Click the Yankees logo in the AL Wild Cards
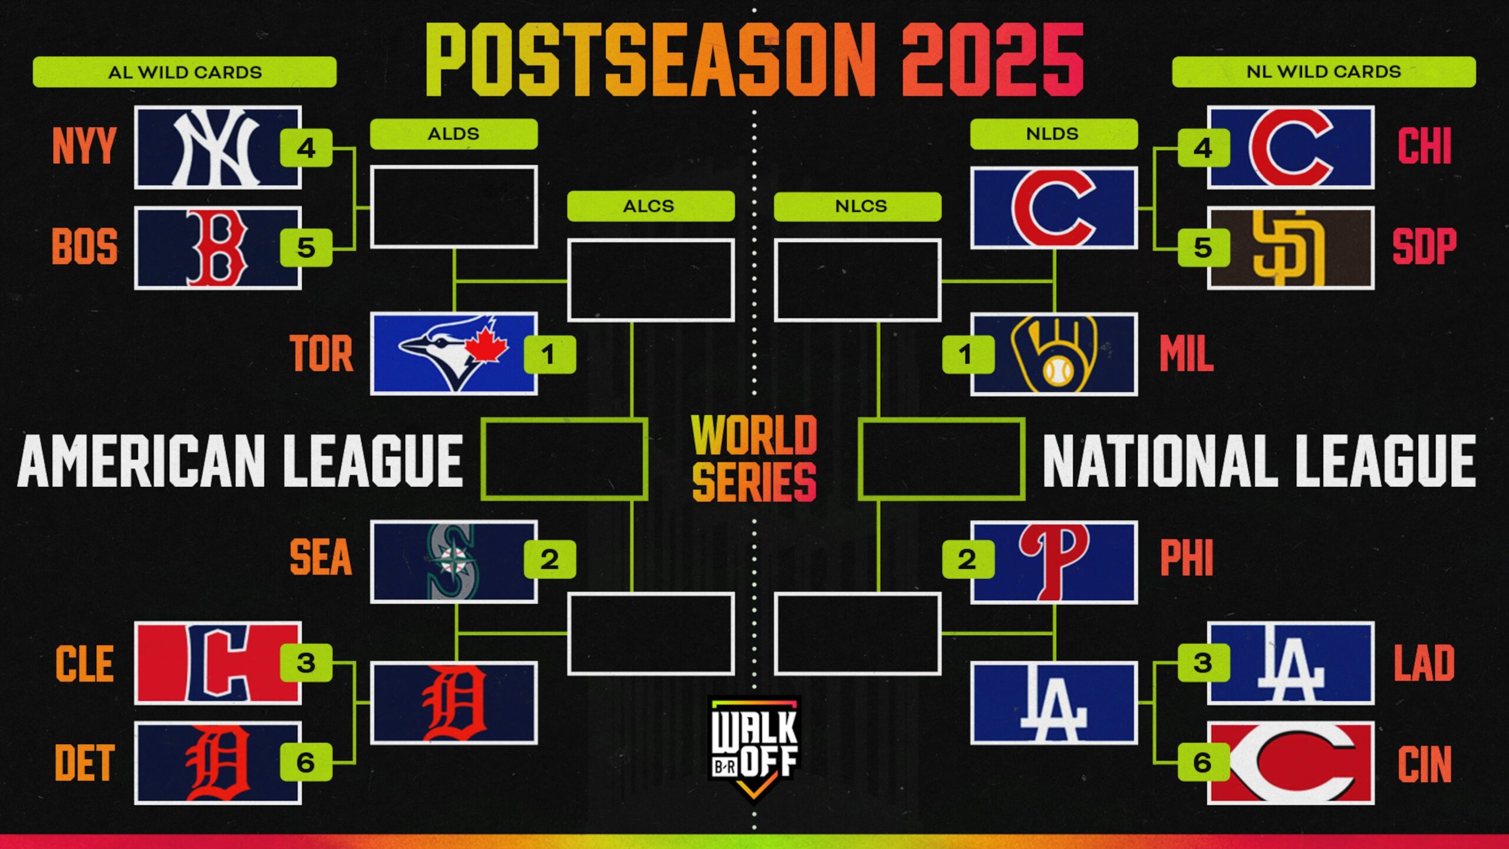pos(217,147)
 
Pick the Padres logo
pos(1290,248)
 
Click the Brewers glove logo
pos(1054,354)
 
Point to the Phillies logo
pos(1054,561)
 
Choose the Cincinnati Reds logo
pos(1291,763)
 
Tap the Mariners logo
pos(453,561)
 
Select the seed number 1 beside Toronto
pos(549,354)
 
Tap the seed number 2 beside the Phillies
pos(968,559)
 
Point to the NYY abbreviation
pos(84,146)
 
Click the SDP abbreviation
pos(1424,246)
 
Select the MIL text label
pos(1186,354)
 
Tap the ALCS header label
pos(651,206)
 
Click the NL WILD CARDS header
pos(1324,72)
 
